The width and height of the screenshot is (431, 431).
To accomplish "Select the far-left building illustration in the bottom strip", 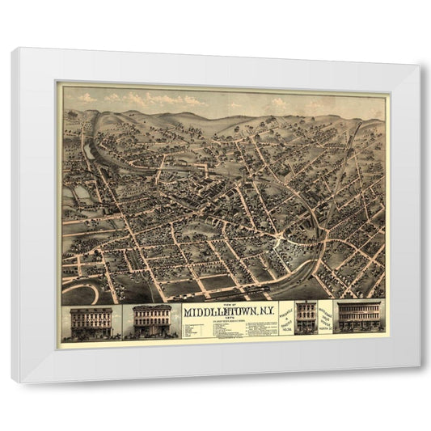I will pos(91,321).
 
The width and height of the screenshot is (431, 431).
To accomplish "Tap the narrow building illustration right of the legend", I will pos(306,317).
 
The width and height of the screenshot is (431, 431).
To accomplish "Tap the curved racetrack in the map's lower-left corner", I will pos(82,291).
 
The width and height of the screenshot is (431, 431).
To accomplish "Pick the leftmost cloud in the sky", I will pos(85,99).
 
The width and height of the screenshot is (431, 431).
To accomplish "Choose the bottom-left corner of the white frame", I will pos(13,381).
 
